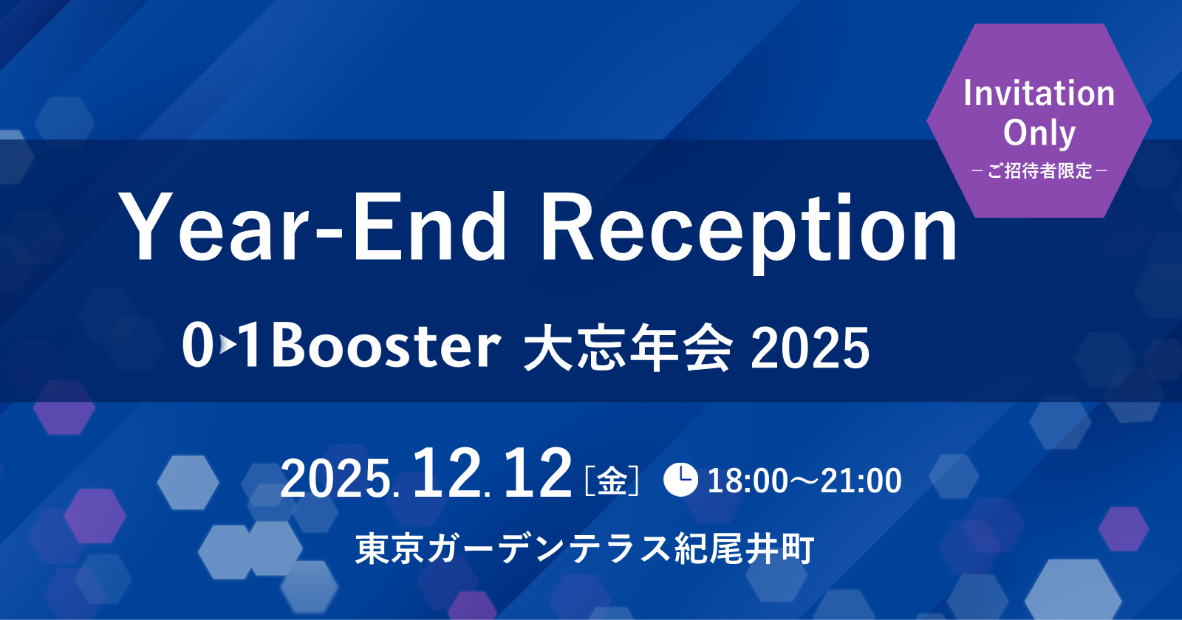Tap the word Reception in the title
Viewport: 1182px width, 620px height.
(x=750, y=229)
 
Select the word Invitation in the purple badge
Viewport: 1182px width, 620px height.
(x=1039, y=94)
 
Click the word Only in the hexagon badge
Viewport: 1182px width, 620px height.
(x=1039, y=133)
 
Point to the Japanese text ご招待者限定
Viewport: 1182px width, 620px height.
(x=1039, y=171)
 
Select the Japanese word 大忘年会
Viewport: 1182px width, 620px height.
(x=628, y=347)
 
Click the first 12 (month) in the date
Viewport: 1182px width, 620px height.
(x=447, y=475)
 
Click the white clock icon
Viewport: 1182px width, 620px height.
(x=680, y=480)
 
